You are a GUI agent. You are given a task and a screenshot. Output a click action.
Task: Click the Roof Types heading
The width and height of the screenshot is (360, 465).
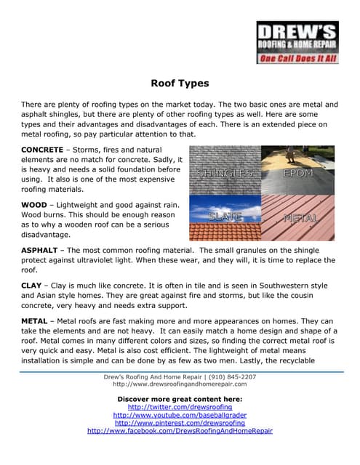[180, 84]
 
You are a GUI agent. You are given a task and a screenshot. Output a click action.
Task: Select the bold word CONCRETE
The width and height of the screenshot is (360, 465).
[42, 150]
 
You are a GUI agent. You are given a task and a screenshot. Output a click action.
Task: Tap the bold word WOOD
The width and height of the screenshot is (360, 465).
[35, 205]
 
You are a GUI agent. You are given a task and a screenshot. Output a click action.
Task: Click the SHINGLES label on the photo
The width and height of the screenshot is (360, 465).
[224, 174]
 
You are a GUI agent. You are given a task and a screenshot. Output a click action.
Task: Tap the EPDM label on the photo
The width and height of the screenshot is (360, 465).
[298, 174]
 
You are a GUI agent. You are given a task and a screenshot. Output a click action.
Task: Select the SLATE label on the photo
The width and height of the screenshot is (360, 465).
[224, 217]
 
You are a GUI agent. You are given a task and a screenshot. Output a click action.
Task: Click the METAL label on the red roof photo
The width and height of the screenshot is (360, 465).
[300, 217]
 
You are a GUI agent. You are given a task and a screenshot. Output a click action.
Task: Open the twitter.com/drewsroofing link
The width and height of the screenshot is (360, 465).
[180, 407]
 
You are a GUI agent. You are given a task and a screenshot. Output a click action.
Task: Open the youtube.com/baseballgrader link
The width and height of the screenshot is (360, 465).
[180, 415]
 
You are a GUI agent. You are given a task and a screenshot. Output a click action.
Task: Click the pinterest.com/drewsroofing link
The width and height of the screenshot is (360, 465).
[180, 423]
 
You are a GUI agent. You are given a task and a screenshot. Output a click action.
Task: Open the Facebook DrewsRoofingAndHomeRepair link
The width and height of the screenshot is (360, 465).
[180, 431]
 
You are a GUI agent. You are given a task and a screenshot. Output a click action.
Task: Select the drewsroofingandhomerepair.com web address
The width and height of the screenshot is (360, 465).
[180, 385]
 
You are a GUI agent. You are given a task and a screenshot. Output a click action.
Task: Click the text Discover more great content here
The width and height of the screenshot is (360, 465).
[180, 399]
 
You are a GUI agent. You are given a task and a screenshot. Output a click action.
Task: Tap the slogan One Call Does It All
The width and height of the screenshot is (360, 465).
[297, 58]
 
